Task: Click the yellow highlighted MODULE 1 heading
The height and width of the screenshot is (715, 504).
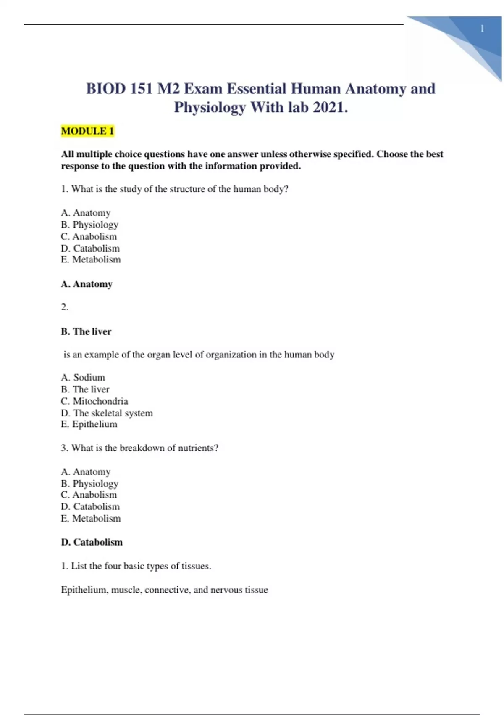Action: (x=87, y=131)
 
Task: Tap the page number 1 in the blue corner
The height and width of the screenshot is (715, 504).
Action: (x=482, y=29)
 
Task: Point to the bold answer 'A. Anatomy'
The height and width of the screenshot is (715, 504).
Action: (x=87, y=284)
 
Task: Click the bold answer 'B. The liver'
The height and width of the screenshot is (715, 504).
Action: (x=86, y=331)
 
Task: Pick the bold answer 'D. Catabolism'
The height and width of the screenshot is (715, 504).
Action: (x=92, y=542)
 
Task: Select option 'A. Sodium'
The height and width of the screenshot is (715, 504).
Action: (x=83, y=377)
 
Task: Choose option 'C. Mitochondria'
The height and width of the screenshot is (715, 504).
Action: (x=94, y=401)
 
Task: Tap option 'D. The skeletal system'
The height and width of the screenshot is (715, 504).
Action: (x=107, y=413)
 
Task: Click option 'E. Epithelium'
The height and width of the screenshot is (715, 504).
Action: (x=89, y=424)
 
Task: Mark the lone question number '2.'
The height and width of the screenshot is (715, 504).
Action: (x=65, y=307)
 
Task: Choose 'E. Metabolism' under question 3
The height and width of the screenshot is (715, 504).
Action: (x=91, y=519)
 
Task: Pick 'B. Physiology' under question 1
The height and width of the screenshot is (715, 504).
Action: (x=89, y=225)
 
